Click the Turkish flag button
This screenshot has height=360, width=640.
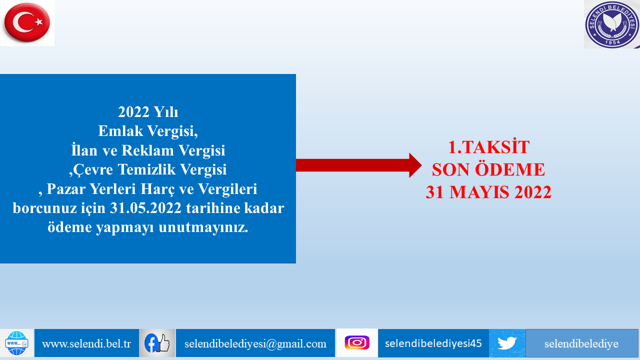[x=27, y=22]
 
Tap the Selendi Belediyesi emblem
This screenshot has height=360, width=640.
[x=612, y=24]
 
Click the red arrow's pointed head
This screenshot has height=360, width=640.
[x=415, y=165]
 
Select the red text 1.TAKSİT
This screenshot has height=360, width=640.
[x=488, y=147]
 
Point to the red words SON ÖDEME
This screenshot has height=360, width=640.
[x=488, y=169]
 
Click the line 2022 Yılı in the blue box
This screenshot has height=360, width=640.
[x=148, y=111]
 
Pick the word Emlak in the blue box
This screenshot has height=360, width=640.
[x=120, y=131]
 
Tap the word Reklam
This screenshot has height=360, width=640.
[x=147, y=150]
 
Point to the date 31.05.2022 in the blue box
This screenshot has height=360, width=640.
[x=145, y=208]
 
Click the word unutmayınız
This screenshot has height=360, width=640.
[x=203, y=227]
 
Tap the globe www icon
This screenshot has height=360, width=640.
[x=16, y=343]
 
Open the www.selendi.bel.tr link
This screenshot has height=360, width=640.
[x=86, y=343]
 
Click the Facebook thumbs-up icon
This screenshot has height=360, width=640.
[x=157, y=343]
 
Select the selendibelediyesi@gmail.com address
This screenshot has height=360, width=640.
[x=255, y=343]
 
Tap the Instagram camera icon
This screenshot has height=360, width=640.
[x=357, y=342]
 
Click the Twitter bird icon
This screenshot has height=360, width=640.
[x=507, y=343]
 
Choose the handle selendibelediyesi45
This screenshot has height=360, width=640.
[x=433, y=343]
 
